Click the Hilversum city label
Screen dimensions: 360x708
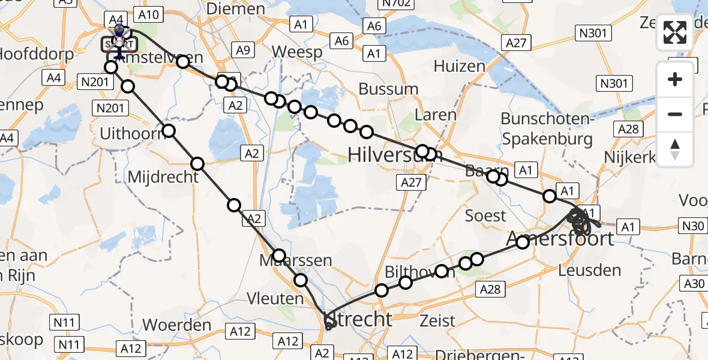(395, 156)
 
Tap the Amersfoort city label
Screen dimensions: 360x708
(560, 239)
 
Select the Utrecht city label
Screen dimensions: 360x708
(358, 319)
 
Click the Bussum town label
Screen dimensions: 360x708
(388, 89)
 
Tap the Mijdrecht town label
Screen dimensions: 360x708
(163, 177)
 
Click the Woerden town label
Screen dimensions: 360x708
(176, 325)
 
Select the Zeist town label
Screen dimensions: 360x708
(438, 320)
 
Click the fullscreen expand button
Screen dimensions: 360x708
(675, 32)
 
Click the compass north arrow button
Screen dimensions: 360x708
(675, 149)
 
